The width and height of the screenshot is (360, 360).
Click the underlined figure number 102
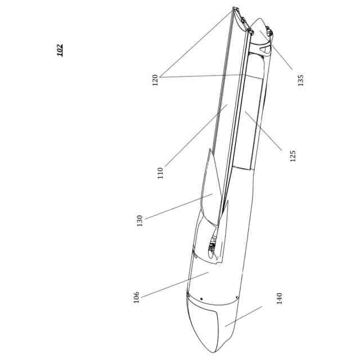(60, 49)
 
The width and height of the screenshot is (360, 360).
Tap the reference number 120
(155, 80)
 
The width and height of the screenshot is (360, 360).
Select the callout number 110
(160, 172)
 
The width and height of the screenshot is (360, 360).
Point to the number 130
(140, 220)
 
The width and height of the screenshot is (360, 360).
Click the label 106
(136, 297)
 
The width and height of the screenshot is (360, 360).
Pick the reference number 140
(280, 298)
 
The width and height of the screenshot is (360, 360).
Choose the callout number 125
(292, 155)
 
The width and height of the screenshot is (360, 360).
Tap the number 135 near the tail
(300, 80)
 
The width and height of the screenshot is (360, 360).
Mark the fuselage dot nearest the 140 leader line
(238, 297)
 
